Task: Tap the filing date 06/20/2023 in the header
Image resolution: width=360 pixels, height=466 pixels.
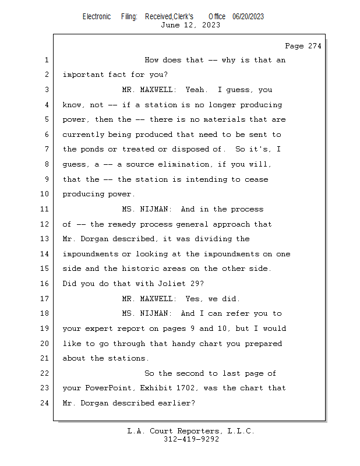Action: (248, 17)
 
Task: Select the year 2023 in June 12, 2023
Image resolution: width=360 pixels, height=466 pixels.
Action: (211, 25)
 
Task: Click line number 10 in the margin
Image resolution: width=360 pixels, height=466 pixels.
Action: (44, 194)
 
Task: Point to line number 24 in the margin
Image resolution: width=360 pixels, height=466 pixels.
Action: (44, 403)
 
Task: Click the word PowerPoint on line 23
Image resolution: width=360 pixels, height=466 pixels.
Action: (108, 388)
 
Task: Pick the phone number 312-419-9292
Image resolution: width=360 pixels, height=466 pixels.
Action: (191, 439)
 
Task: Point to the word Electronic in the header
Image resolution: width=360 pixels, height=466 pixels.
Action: (97, 17)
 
